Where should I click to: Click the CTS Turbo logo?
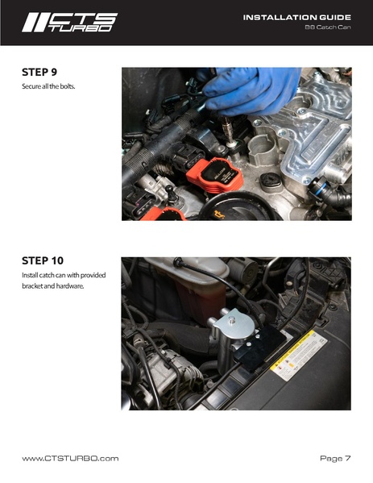click(x=69, y=23)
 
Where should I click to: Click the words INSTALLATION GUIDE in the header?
click(x=297, y=18)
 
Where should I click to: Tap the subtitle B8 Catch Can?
click(x=328, y=27)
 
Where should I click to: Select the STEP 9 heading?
click(x=39, y=72)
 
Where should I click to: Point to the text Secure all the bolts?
click(x=48, y=86)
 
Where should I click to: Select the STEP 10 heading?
click(x=43, y=260)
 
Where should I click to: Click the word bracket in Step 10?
click(x=32, y=286)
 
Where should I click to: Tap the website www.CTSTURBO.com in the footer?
click(x=70, y=458)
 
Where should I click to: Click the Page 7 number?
click(x=335, y=458)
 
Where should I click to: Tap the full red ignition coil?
click(x=215, y=175)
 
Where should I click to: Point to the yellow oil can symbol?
click(x=219, y=214)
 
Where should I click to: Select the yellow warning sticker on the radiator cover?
click(x=299, y=355)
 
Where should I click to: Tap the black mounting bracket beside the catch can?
click(x=260, y=348)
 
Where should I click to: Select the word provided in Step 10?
click(x=93, y=275)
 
